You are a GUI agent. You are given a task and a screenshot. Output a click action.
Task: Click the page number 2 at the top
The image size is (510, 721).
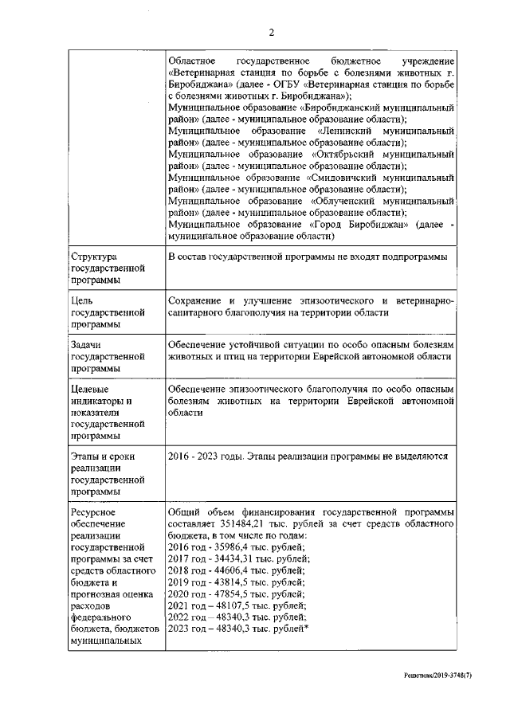[271, 32]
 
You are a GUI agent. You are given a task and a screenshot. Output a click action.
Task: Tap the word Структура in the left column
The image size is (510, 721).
[94, 257]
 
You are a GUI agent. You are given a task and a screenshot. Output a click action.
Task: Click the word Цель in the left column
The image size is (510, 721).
[84, 300]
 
